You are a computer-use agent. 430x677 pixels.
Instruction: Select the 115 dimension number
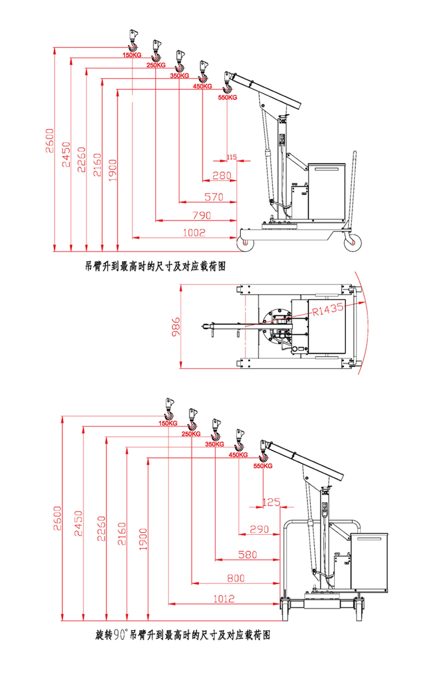(x=232, y=157)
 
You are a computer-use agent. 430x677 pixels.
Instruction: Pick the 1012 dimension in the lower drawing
(x=224, y=599)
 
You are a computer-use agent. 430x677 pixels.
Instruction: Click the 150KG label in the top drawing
(x=132, y=55)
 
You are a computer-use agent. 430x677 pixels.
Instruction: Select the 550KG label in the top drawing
(x=228, y=97)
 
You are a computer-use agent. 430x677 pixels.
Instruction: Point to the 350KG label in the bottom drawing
(x=214, y=444)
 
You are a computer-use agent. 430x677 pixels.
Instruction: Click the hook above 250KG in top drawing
(x=155, y=50)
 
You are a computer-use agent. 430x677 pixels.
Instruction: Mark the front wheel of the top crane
(x=247, y=242)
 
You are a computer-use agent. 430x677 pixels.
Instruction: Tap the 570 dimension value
(x=213, y=197)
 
